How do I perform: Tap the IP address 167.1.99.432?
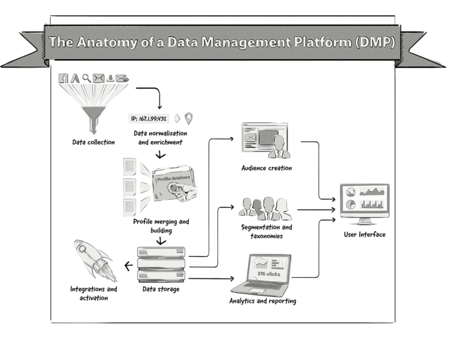[149, 119]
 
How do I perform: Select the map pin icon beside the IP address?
[189, 119]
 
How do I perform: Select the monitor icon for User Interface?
[365, 203]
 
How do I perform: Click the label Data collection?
[94, 141]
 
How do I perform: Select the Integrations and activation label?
[94, 293]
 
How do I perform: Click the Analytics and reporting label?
[262, 301]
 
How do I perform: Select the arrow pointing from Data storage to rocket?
[129, 266]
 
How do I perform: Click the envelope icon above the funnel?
[98, 77]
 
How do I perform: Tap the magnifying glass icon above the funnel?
[86, 77]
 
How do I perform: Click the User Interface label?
[365, 235]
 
